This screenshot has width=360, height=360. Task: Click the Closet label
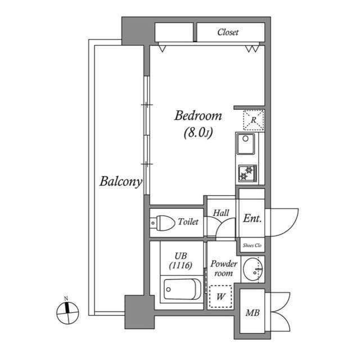tap(228, 32)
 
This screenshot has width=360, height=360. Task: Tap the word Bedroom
tap(198, 116)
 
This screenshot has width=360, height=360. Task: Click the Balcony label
tap(120, 182)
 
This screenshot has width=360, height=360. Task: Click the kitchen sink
tap(245, 144)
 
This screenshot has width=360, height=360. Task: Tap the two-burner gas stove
tap(246, 173)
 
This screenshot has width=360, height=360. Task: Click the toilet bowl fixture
tap(161, 223)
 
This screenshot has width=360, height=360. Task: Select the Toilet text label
tap(188, 222)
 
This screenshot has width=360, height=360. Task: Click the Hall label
tap(220, 213)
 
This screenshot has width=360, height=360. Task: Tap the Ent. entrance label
tap(251, 219)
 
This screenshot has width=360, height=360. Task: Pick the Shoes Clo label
tap(251, 245)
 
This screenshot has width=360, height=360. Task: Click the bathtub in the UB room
tap(181, 290)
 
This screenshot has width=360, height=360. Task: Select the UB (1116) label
tap(181, 260)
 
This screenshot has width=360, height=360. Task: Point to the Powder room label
tap(223, 268)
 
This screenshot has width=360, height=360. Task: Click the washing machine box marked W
tap(221, 296)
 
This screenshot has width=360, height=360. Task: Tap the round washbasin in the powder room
tap(253, 271)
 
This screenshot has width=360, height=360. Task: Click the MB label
tap(251, 313)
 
